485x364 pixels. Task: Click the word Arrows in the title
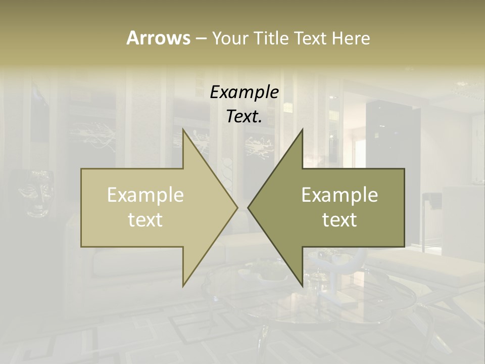[158, 38]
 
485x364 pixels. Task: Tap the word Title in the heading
[273, 38]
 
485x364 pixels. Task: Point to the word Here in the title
[351, 38]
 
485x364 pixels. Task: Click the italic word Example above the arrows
[245, 92]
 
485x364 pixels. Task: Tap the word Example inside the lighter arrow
[145, 195]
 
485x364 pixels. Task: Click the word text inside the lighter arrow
[145, 219]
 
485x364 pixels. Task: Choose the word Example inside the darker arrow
[339, 195]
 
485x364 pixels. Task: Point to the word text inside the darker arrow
[339, 219]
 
